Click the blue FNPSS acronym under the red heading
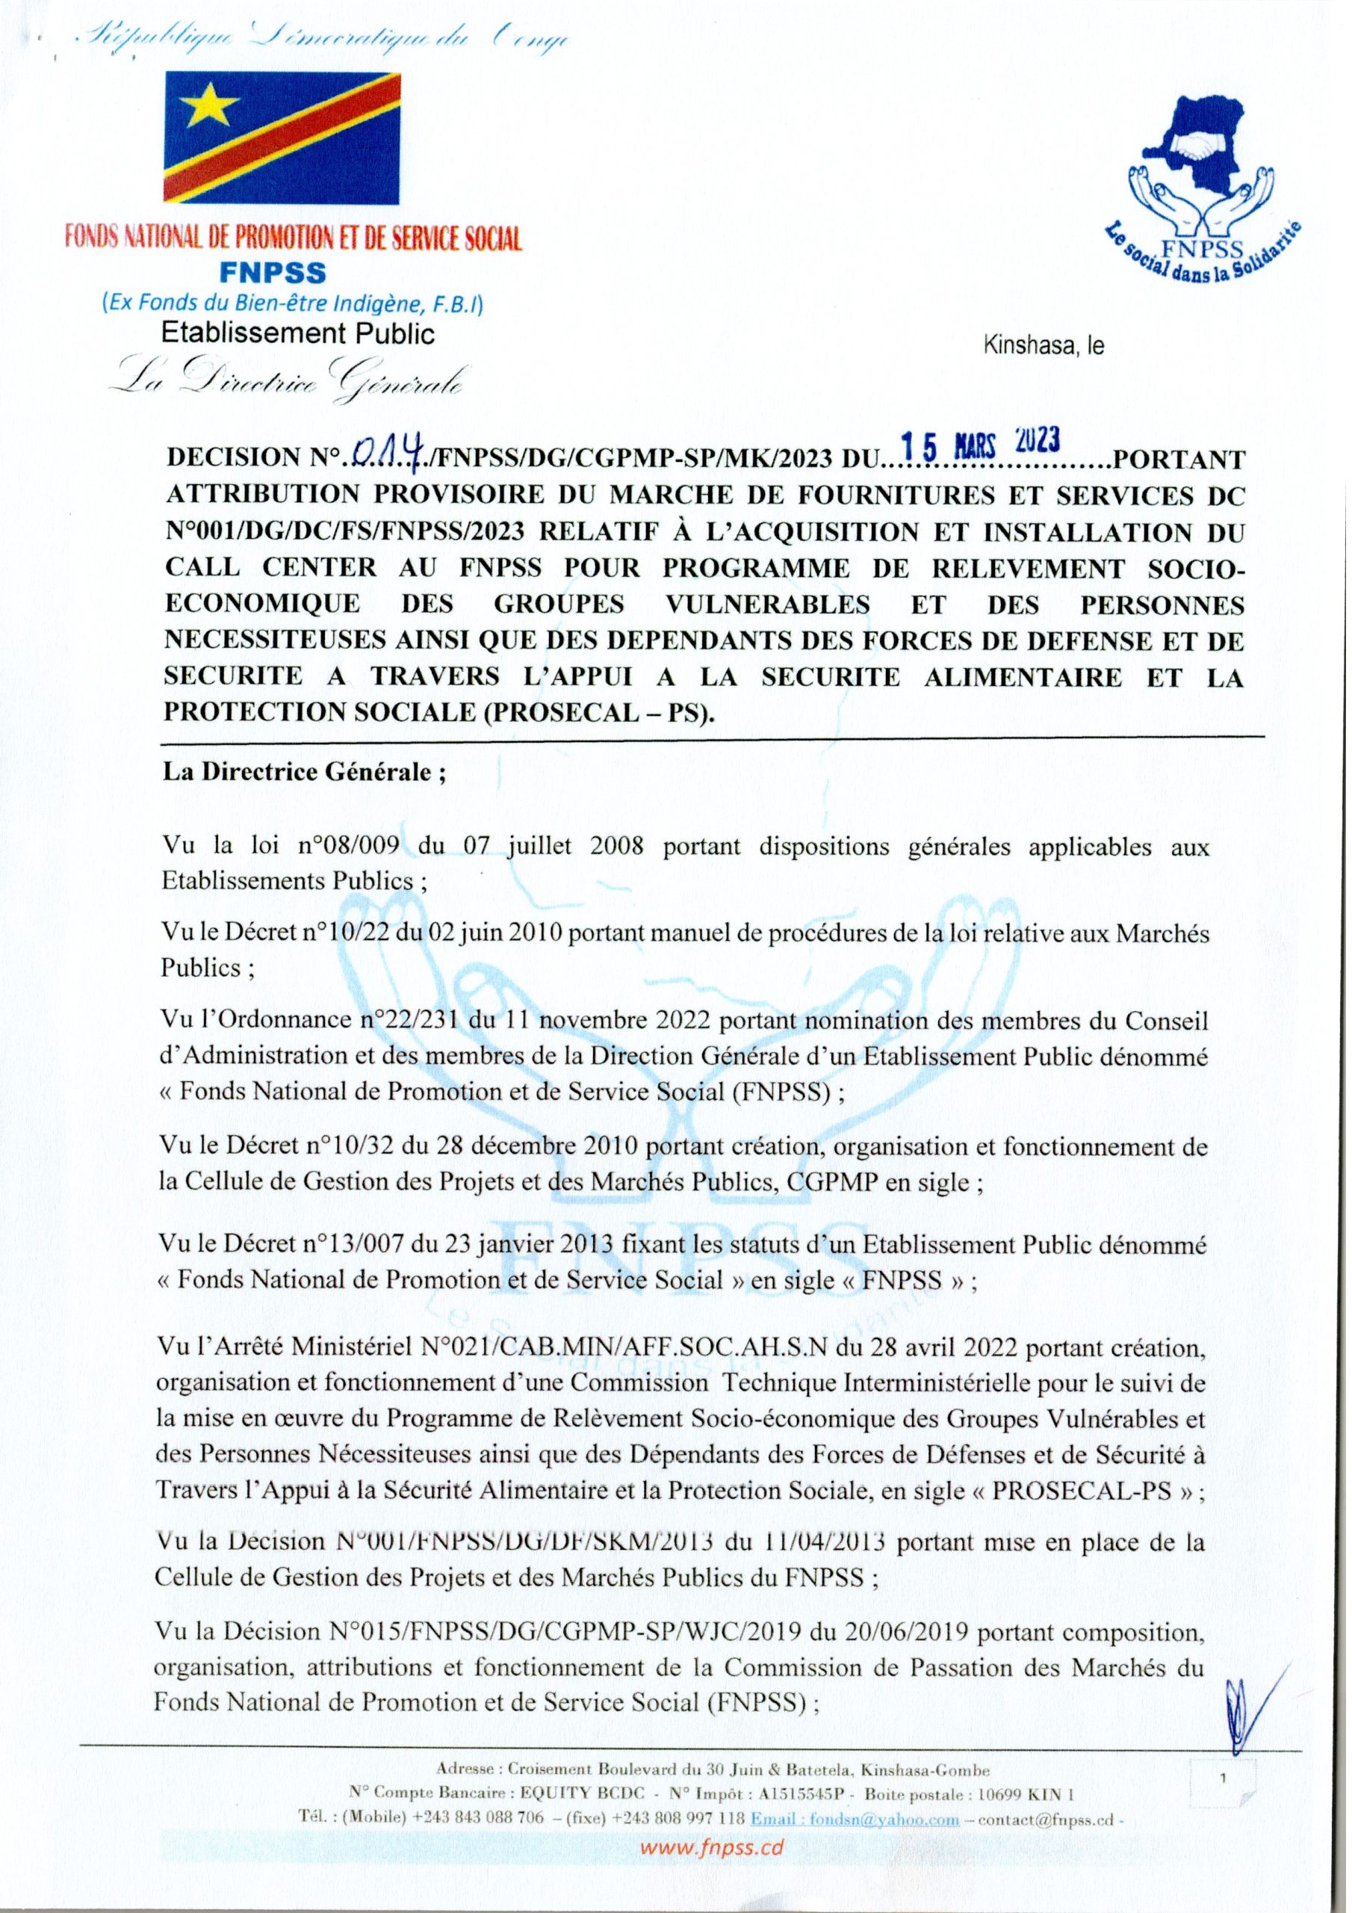273,273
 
